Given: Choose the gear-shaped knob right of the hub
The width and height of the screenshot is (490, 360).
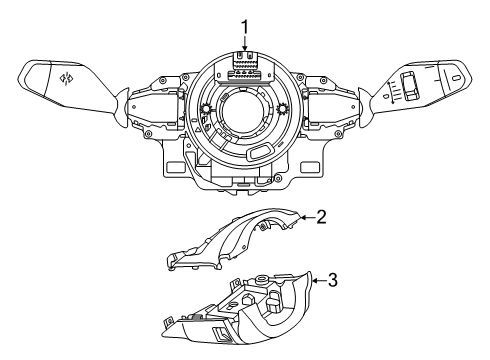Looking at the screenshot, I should (x=284, y=108).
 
